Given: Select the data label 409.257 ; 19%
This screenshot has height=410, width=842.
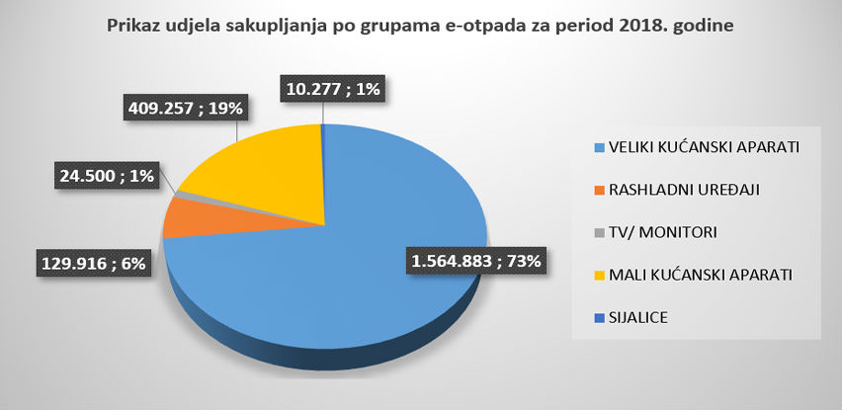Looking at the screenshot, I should [x=185, y=105].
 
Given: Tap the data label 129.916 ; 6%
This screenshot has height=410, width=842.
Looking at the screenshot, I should [x=93, y=264].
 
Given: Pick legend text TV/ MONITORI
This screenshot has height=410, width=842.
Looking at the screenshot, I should [x=656, y=232].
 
